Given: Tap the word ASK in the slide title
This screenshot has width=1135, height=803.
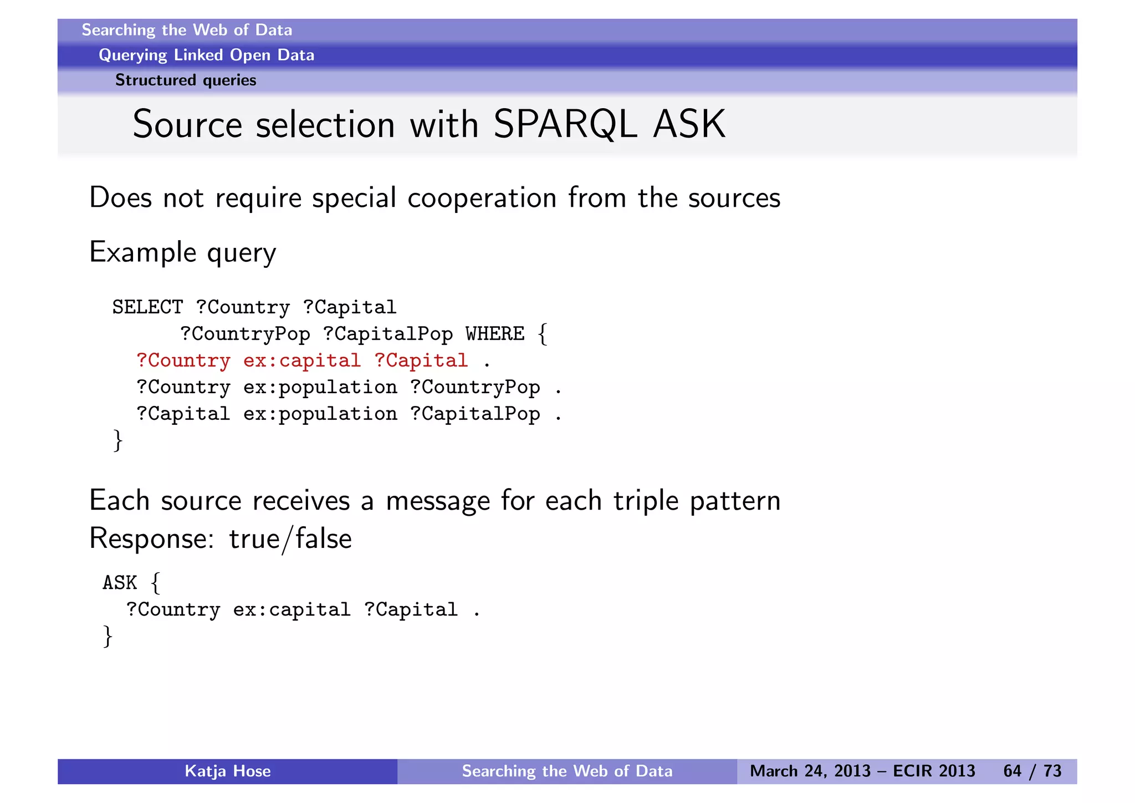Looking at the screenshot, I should [689, 124].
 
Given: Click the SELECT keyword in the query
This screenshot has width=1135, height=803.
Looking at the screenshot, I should [147, 307].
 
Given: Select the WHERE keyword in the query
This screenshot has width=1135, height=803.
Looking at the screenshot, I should [494, 334].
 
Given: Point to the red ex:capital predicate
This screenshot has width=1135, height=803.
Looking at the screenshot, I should [301, 361].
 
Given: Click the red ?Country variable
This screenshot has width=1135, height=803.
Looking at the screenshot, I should [183, 361].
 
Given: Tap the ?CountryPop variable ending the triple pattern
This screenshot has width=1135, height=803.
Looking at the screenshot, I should [475, 388].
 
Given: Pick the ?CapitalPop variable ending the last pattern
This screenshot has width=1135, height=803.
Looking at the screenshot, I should [475, 414].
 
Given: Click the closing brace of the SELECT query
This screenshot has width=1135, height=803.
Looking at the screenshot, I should [117, 440].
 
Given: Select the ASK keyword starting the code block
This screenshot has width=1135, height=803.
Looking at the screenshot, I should [120, 583].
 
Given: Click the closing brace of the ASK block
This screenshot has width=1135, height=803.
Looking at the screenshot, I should [108, 636].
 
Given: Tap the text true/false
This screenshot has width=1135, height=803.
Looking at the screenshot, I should [290, 539].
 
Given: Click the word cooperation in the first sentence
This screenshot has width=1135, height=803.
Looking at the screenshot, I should [482, 198].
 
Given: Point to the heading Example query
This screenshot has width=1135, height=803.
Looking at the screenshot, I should [182, 253].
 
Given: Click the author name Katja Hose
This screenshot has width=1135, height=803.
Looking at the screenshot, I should [227, 771].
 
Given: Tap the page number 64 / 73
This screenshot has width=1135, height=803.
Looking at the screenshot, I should [1032, 771].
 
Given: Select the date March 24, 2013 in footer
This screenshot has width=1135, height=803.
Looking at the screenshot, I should [810, 771].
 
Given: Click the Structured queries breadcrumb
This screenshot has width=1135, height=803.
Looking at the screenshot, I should [186, 80].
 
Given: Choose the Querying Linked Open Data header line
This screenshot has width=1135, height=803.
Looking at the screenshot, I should [206, 55].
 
